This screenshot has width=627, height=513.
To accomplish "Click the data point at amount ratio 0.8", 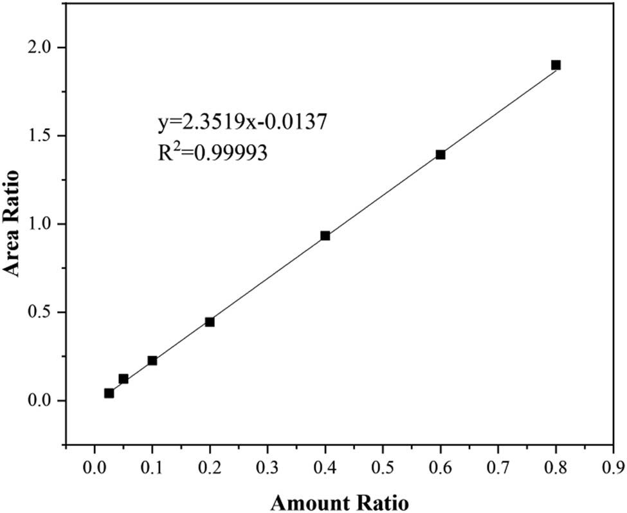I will [x=556, y=65].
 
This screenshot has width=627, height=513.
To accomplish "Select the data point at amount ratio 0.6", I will [x=441, y=154].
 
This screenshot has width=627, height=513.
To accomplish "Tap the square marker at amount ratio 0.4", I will [x=325, y=236].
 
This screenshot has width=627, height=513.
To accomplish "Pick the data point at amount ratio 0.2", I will [x=210, y=322].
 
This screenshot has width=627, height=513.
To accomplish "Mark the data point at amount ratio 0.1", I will [x=152, y=360].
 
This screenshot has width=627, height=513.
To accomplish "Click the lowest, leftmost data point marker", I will [x=109, y=393].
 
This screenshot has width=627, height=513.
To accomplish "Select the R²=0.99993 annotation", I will [x=213, y=154].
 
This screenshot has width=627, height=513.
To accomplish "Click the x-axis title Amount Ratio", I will [x=338, y=499].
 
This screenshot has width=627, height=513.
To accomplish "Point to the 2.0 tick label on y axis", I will [x=42, y=48].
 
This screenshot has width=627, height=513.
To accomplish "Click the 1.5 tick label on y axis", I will [x=42, y=136].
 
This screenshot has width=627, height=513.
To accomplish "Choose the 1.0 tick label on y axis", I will [x=42, y=225].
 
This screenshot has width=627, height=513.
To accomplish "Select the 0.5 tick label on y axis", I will [x=42, y=313].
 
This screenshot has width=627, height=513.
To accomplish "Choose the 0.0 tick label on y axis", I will [x=42, y=401].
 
